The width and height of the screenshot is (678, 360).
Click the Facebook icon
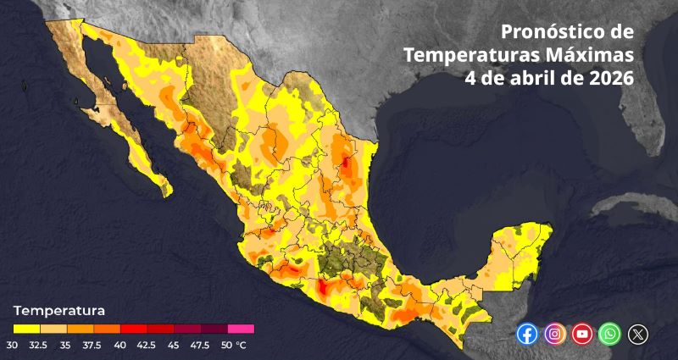(527, 334)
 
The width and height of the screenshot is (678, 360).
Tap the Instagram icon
(555, 334)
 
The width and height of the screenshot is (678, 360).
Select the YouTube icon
(582, 334)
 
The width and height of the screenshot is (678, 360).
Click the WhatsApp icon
(609, 334)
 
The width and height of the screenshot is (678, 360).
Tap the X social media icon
(637, 334)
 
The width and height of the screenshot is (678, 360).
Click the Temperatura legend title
(59, 310)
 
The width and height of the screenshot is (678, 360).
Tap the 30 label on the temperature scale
(13, 345)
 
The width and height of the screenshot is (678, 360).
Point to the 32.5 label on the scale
(39, 345)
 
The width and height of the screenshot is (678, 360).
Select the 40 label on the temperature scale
(120, 345)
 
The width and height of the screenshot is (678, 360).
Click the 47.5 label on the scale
(200, 345)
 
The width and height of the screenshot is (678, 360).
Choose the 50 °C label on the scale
(233, 345)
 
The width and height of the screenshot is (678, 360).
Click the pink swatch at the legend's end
(241, 329)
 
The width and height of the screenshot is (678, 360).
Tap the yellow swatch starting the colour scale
(26, 329)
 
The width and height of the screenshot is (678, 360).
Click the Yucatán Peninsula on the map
(517, 254)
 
